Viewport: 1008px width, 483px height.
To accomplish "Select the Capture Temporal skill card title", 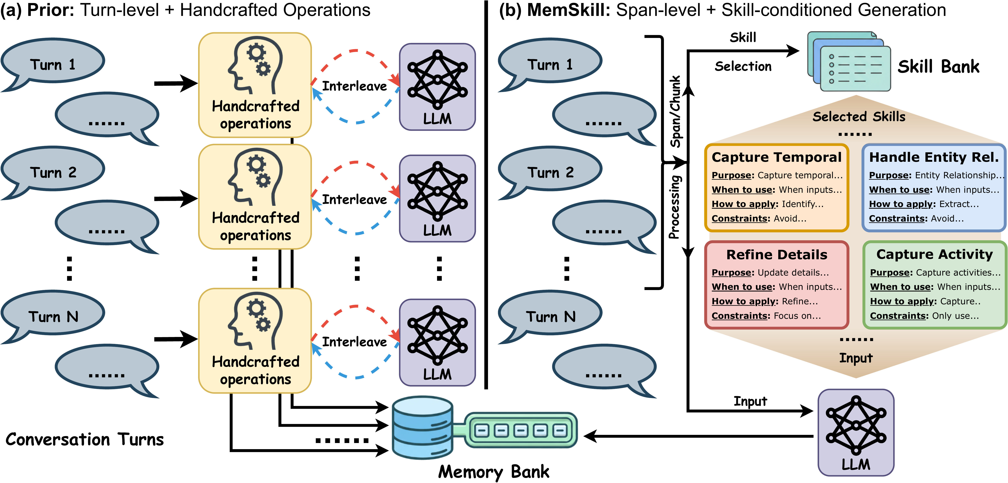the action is point(776,157).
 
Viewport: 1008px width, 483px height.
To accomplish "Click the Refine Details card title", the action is point(777,255).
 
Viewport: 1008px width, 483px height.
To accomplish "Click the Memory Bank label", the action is point(494,472).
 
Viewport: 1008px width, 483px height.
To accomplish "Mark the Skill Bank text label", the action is point(938,66).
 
